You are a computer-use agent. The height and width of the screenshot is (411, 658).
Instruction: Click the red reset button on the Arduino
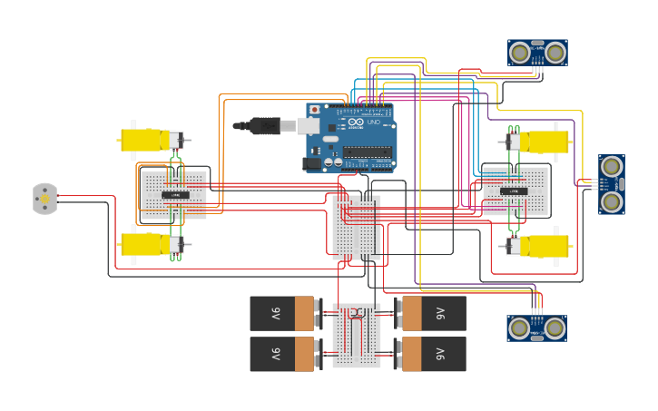coord(315,110)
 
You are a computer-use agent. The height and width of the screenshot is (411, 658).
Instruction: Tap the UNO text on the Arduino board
coord(373,122)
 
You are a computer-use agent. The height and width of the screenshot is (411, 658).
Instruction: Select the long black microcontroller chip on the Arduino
coord(367,152)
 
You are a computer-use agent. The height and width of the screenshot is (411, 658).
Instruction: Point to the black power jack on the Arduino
coord(311,163)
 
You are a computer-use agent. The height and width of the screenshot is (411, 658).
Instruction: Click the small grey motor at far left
coord(44,198)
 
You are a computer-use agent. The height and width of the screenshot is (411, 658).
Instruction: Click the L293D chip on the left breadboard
coord(175,195)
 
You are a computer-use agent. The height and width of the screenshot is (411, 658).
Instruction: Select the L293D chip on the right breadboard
coord(515,191)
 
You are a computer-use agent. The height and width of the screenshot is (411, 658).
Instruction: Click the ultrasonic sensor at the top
coord(537,53)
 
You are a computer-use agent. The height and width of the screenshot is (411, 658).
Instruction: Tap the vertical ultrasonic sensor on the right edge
coord(612,184)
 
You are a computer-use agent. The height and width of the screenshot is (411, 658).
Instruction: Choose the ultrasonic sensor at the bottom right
coord(536,328)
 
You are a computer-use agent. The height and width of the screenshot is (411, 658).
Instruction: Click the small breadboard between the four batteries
coord(357,335)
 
